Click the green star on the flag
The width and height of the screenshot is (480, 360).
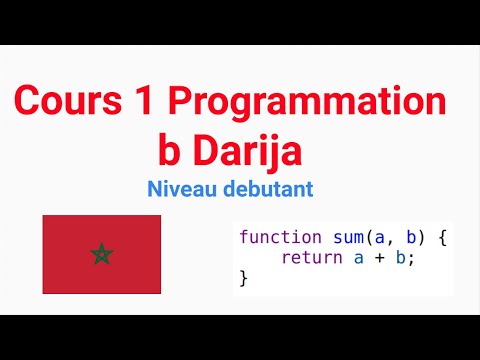pyautogui.click(x=101, y=254)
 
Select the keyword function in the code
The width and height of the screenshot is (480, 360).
pyautogui.click(x=281, y=238)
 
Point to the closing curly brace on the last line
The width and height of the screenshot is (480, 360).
pyautogui.click(x=243, y=278)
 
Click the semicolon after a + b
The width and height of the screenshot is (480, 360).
pyautogui.click(x=410, y=259)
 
